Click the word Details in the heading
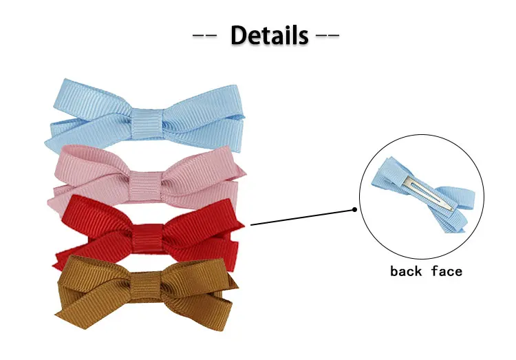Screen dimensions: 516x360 tap(269, 34)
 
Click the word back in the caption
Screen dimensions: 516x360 tap(407, 271)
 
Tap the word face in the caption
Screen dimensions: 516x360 tap(447, 271)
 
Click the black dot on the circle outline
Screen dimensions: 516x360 tap(355, 210)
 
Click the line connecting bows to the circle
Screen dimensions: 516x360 tap(303, 217)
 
